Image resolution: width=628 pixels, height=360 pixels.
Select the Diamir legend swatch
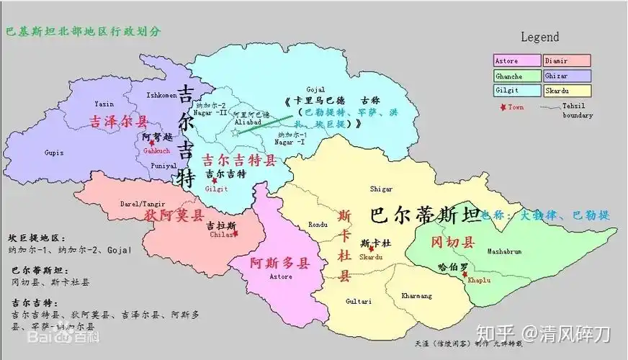pos(567,61)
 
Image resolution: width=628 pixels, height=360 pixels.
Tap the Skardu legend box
pos(567,91)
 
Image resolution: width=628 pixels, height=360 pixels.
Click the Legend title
pos(539,37)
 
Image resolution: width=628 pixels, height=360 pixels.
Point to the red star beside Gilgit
pos(215,181)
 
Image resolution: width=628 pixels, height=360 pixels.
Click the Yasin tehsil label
pos(104,104)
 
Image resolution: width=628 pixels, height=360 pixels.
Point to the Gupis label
pos(53,153)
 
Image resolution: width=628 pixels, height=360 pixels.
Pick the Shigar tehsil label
pos(381,189)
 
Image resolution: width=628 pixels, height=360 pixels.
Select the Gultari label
pos(358,300)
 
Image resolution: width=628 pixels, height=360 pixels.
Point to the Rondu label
pos(318,223)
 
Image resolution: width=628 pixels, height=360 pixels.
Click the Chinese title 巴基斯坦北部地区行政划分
pos(83,32)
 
